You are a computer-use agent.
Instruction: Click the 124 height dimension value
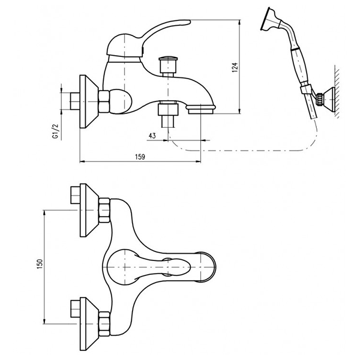235,67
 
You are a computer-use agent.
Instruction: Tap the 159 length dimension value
140,157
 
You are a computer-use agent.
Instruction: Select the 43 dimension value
152,136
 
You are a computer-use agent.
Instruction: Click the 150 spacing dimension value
40,264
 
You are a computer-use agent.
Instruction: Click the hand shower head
271,20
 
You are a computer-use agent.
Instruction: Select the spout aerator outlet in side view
200,109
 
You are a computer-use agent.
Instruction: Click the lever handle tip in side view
187,22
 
